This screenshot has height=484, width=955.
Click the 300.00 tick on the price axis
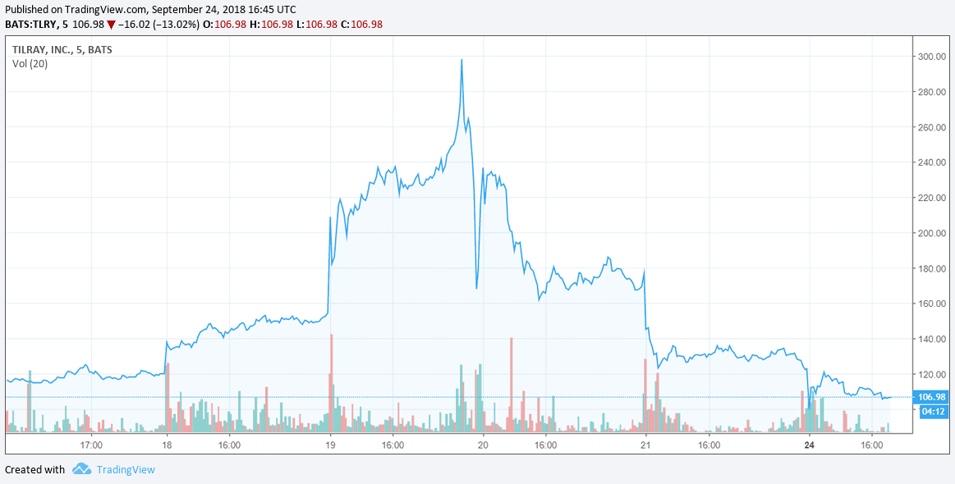click(932, 57)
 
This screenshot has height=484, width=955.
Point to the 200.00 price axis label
click(932, 233)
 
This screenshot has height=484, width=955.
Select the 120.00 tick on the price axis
click(932, 374)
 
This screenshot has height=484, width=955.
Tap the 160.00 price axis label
click(932, 304)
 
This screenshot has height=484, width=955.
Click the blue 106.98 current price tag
click(932, 397)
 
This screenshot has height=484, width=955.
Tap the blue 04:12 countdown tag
click(932, 412)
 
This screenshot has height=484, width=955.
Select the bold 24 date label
click(810, 445)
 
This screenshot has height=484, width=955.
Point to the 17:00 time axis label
click(91, 445)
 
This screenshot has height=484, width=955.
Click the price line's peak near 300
click(461, 60)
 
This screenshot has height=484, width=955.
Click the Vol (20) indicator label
click(30, 63)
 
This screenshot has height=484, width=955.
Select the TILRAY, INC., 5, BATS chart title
click(62, 50)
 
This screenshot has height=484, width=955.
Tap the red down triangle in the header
click(111, 25)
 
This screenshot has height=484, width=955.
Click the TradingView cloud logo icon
click(81, 468)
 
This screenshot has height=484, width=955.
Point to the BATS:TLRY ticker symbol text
click(30, 25)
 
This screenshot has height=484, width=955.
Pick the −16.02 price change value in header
click(133, 25)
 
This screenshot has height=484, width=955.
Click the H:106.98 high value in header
click(272, 25)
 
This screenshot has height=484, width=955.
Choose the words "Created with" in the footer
click(34, 469)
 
